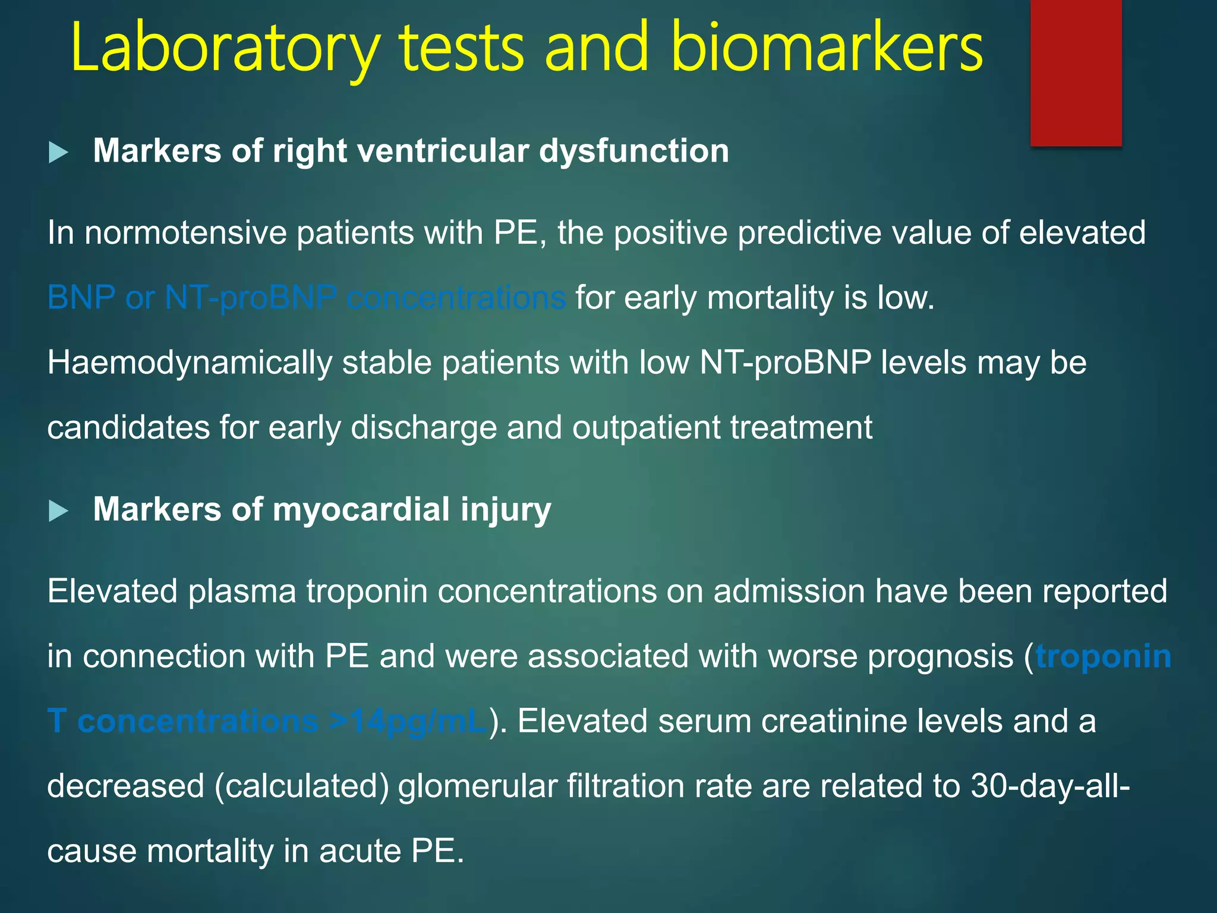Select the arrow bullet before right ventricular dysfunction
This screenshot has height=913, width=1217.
click(58, 152)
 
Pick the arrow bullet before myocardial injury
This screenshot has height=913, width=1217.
click(58, 511)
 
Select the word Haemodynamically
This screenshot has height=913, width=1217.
click(190, 363)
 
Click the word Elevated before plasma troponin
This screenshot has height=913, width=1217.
click(112, 591)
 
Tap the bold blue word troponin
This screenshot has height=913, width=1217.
click(1103, 657)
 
